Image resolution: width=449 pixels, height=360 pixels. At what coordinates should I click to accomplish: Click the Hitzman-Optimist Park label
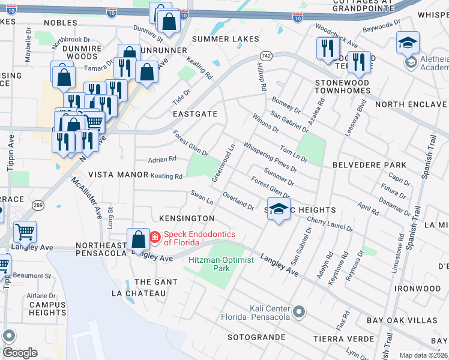pyautogui.click(x=221, y=265)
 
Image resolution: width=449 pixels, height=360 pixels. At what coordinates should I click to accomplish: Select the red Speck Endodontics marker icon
pyautogui.click(x=154, y=238)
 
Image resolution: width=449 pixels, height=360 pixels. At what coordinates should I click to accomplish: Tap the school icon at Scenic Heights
pyautogui.click(x=278, y=209)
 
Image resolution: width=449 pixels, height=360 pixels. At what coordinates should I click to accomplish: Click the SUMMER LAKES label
pyautogui.click(x=225, y=39)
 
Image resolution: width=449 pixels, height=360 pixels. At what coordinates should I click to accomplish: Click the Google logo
pyautogui.click(x=19, y=353)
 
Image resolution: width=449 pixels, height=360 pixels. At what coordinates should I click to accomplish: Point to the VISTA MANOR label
pyautogui.click(x=118, y=175)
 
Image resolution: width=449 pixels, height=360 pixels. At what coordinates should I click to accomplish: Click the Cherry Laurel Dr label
pyautogui.click(x=330, y=224)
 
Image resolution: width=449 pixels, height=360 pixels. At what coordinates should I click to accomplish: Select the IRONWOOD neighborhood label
pyautogui.click(x=417, y=289)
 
